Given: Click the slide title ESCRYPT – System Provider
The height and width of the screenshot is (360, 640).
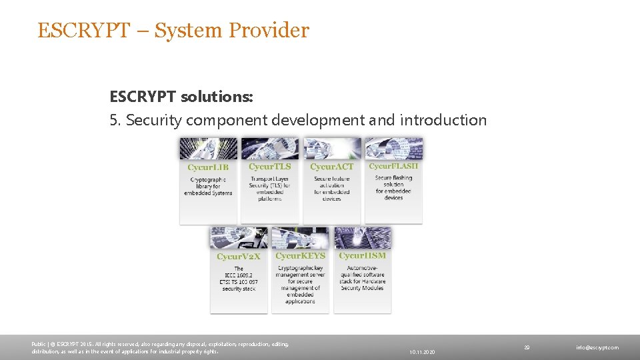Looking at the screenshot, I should pos(173,31).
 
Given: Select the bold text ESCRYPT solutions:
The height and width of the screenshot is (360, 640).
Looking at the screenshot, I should pos(181,97).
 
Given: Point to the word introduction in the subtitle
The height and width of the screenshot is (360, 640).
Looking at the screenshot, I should pos(443,120).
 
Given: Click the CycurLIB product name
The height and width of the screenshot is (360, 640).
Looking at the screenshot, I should pos(208,167).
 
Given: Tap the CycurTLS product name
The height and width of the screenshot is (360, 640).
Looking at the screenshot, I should pos(269,167).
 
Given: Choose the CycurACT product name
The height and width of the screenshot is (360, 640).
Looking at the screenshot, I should pos(331,167).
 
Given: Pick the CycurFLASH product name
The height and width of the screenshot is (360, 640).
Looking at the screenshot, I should pos(393,166).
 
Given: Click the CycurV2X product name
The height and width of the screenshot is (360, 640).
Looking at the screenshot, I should pos(239,256).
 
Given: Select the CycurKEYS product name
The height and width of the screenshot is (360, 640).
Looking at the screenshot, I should pos(300,255).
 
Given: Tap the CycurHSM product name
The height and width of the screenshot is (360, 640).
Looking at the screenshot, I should pos(362,255).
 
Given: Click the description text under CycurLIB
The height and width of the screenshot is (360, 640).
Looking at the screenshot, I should pos(208,186).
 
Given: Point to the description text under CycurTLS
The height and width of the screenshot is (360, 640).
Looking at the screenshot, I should pos(269,188).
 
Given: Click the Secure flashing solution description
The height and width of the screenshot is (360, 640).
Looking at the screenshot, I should pos(393,187).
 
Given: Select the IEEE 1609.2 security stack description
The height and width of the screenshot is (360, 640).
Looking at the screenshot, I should pos(239,279).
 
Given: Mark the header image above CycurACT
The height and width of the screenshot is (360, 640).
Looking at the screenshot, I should pos(331,148).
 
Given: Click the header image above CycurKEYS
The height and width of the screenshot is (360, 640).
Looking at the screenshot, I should pos(300,238).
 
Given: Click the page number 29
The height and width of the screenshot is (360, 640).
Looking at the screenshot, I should pos(527,347).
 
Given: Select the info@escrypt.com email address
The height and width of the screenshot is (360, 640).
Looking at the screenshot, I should pos(598,347).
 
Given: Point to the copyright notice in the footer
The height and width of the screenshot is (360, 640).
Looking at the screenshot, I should pos(160,347).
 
